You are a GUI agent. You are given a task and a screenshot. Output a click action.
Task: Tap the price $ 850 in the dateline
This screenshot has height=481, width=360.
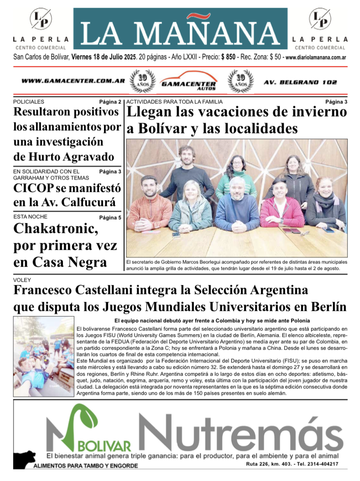228,57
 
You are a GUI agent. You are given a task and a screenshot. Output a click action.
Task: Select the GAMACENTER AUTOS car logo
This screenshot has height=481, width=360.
188,81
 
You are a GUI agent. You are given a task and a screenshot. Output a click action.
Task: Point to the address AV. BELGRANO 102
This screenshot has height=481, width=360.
300,82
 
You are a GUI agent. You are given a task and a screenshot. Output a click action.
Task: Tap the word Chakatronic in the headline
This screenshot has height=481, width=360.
55,229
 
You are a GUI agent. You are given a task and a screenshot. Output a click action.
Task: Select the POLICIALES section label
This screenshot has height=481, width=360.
29,102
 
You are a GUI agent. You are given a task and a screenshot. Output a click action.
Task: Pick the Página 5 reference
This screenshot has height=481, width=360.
110,217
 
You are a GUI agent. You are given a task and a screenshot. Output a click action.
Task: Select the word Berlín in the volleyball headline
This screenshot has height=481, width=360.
325,306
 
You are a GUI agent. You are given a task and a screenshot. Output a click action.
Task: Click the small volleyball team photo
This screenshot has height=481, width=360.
43,357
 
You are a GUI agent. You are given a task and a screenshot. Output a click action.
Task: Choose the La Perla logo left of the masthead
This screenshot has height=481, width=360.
41,19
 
